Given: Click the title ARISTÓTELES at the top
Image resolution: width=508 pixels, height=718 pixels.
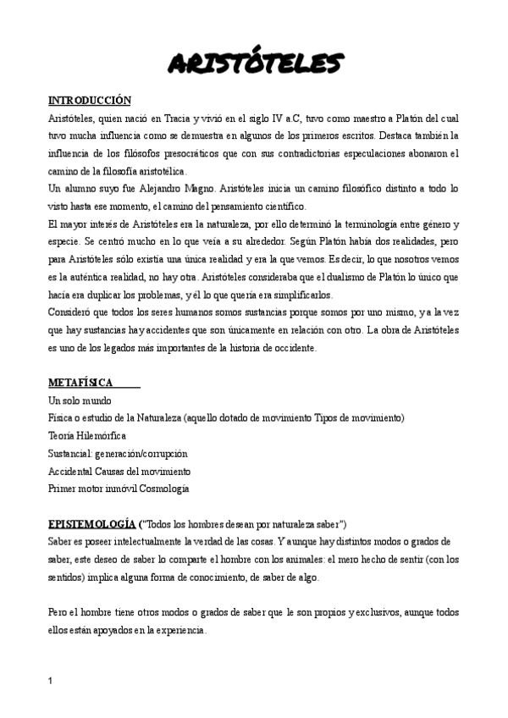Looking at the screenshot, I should point(254,63).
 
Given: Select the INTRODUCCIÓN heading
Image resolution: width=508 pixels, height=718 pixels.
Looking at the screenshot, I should point(90,99).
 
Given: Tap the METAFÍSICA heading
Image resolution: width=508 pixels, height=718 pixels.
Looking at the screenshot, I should point(81,383).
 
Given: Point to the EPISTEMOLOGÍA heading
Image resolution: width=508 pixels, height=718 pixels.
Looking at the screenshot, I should point(92,524).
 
